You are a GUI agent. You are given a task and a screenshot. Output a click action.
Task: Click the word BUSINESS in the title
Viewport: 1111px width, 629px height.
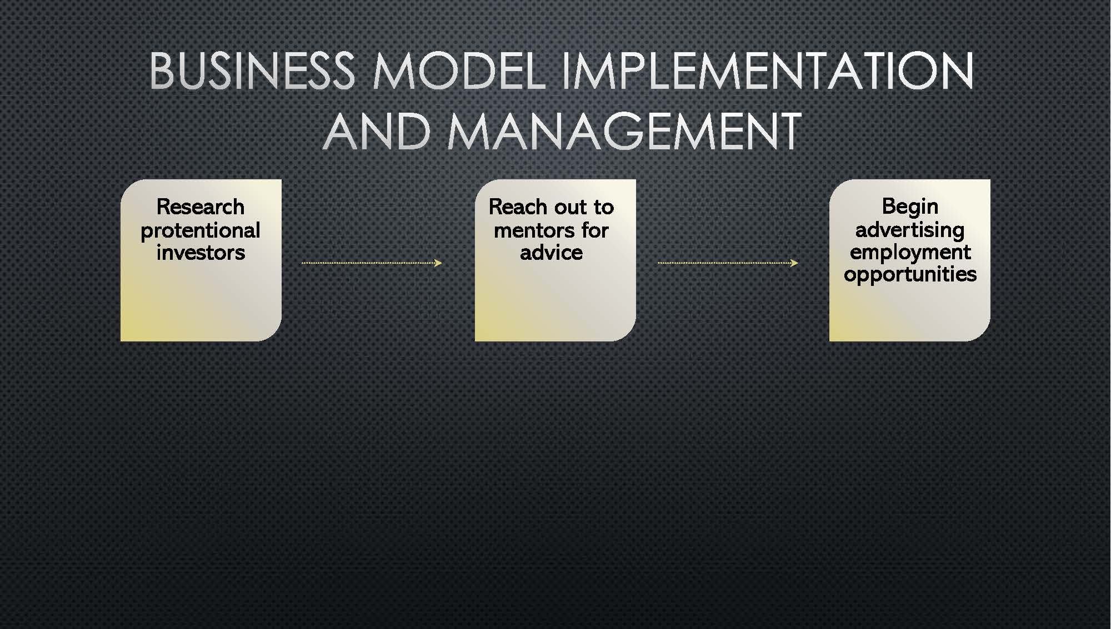[252, 71]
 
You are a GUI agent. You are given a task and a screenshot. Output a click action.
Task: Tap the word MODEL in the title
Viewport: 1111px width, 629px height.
[459, 71]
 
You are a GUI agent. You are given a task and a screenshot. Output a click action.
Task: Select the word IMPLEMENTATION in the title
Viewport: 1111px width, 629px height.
[768, 71]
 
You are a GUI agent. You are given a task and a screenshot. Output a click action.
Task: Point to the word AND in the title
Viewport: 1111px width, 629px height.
[377, 131]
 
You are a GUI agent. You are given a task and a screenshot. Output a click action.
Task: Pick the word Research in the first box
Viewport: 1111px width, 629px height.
[201, 207]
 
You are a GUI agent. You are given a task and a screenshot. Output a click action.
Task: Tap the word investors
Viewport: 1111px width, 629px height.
[201, 253]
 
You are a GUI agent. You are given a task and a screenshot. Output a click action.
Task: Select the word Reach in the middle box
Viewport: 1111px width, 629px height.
[518, 207]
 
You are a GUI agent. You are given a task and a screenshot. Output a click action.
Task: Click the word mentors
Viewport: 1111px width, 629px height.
[535, 230]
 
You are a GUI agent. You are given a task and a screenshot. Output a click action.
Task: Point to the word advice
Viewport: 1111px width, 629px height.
[552, 253]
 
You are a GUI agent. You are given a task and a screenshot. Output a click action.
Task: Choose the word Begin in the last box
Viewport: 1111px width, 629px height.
[910, 208]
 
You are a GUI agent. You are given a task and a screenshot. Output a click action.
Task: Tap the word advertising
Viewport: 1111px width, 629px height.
[910, 230]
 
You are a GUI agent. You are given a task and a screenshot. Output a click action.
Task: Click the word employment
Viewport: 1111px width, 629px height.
[910, 253]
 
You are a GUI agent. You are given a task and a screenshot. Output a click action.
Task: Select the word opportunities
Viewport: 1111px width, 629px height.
[910, 274]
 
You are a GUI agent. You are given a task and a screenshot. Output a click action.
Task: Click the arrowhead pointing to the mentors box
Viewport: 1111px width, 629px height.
[439, 263]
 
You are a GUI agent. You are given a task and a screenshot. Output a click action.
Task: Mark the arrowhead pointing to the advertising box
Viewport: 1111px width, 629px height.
[795, 263]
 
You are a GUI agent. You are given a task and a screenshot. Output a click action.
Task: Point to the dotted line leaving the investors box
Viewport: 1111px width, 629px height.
[372, 263]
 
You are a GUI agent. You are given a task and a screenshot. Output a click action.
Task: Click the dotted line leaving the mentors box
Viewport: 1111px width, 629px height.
[728, 263]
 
